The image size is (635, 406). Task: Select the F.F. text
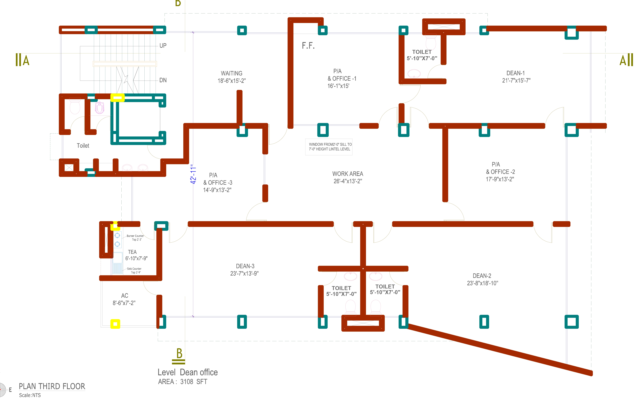(308, 46)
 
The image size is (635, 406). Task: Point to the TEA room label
(132, 252)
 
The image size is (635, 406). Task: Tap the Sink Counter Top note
(134, 270)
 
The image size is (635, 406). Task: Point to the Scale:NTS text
(30, 395)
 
